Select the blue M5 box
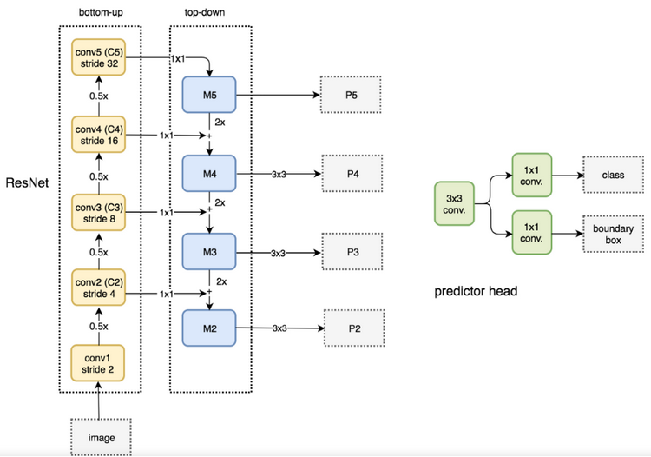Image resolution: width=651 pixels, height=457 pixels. pos(209,95)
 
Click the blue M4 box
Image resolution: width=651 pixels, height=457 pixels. pos(209,174)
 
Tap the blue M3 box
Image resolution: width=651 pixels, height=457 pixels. pos(209,252)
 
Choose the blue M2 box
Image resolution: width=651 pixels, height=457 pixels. pos(209,328)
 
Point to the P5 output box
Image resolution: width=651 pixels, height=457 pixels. pos(352,95)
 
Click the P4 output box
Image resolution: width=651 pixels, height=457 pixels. pos(352,174)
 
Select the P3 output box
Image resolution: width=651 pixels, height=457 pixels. pos(352,252)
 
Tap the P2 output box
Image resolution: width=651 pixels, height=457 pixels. pos(352,328)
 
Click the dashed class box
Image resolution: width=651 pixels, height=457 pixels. pos(613,175)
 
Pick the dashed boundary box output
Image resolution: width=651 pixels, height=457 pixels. pos(613,233)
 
